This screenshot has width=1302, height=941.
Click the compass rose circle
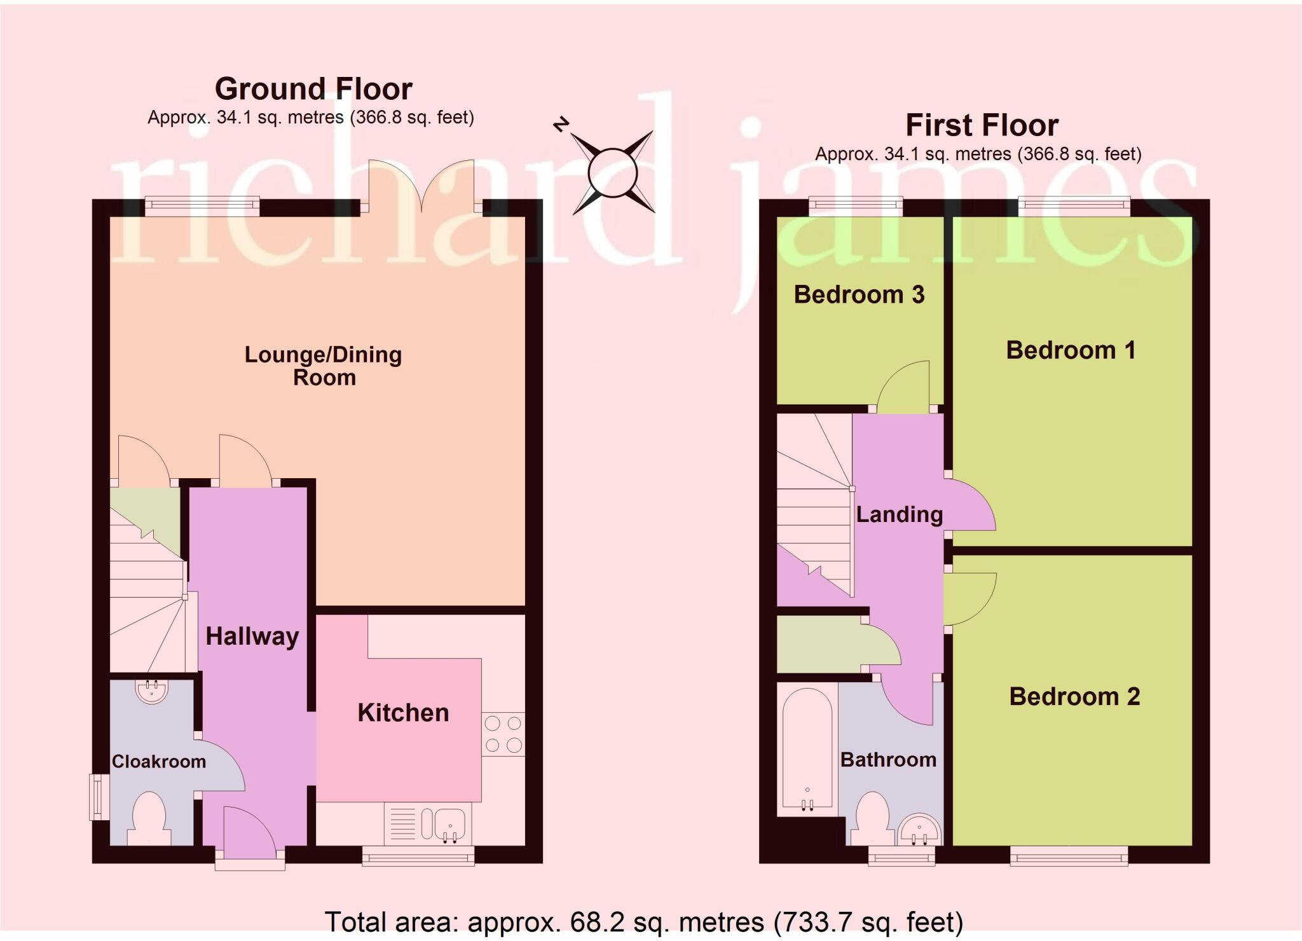point(612,172)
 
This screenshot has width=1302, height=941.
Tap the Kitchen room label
point(403,713)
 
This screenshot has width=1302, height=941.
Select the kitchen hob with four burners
point(503,734)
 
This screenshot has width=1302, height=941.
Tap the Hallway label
point(252,636)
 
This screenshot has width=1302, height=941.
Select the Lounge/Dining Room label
point(323,366)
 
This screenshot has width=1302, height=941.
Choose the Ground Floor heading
point(313,89)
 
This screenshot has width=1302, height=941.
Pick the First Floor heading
point(982,125)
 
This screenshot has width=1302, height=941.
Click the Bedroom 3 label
point(859,294)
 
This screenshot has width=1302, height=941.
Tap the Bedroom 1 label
point(1071,350)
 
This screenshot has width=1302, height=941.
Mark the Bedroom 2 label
point(1074,697)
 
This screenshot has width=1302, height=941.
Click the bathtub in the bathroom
point(807,750)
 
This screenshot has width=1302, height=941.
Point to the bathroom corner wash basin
point(919,830)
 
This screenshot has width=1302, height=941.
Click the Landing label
point(899,514)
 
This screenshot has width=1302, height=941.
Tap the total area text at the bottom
point(643,921)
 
